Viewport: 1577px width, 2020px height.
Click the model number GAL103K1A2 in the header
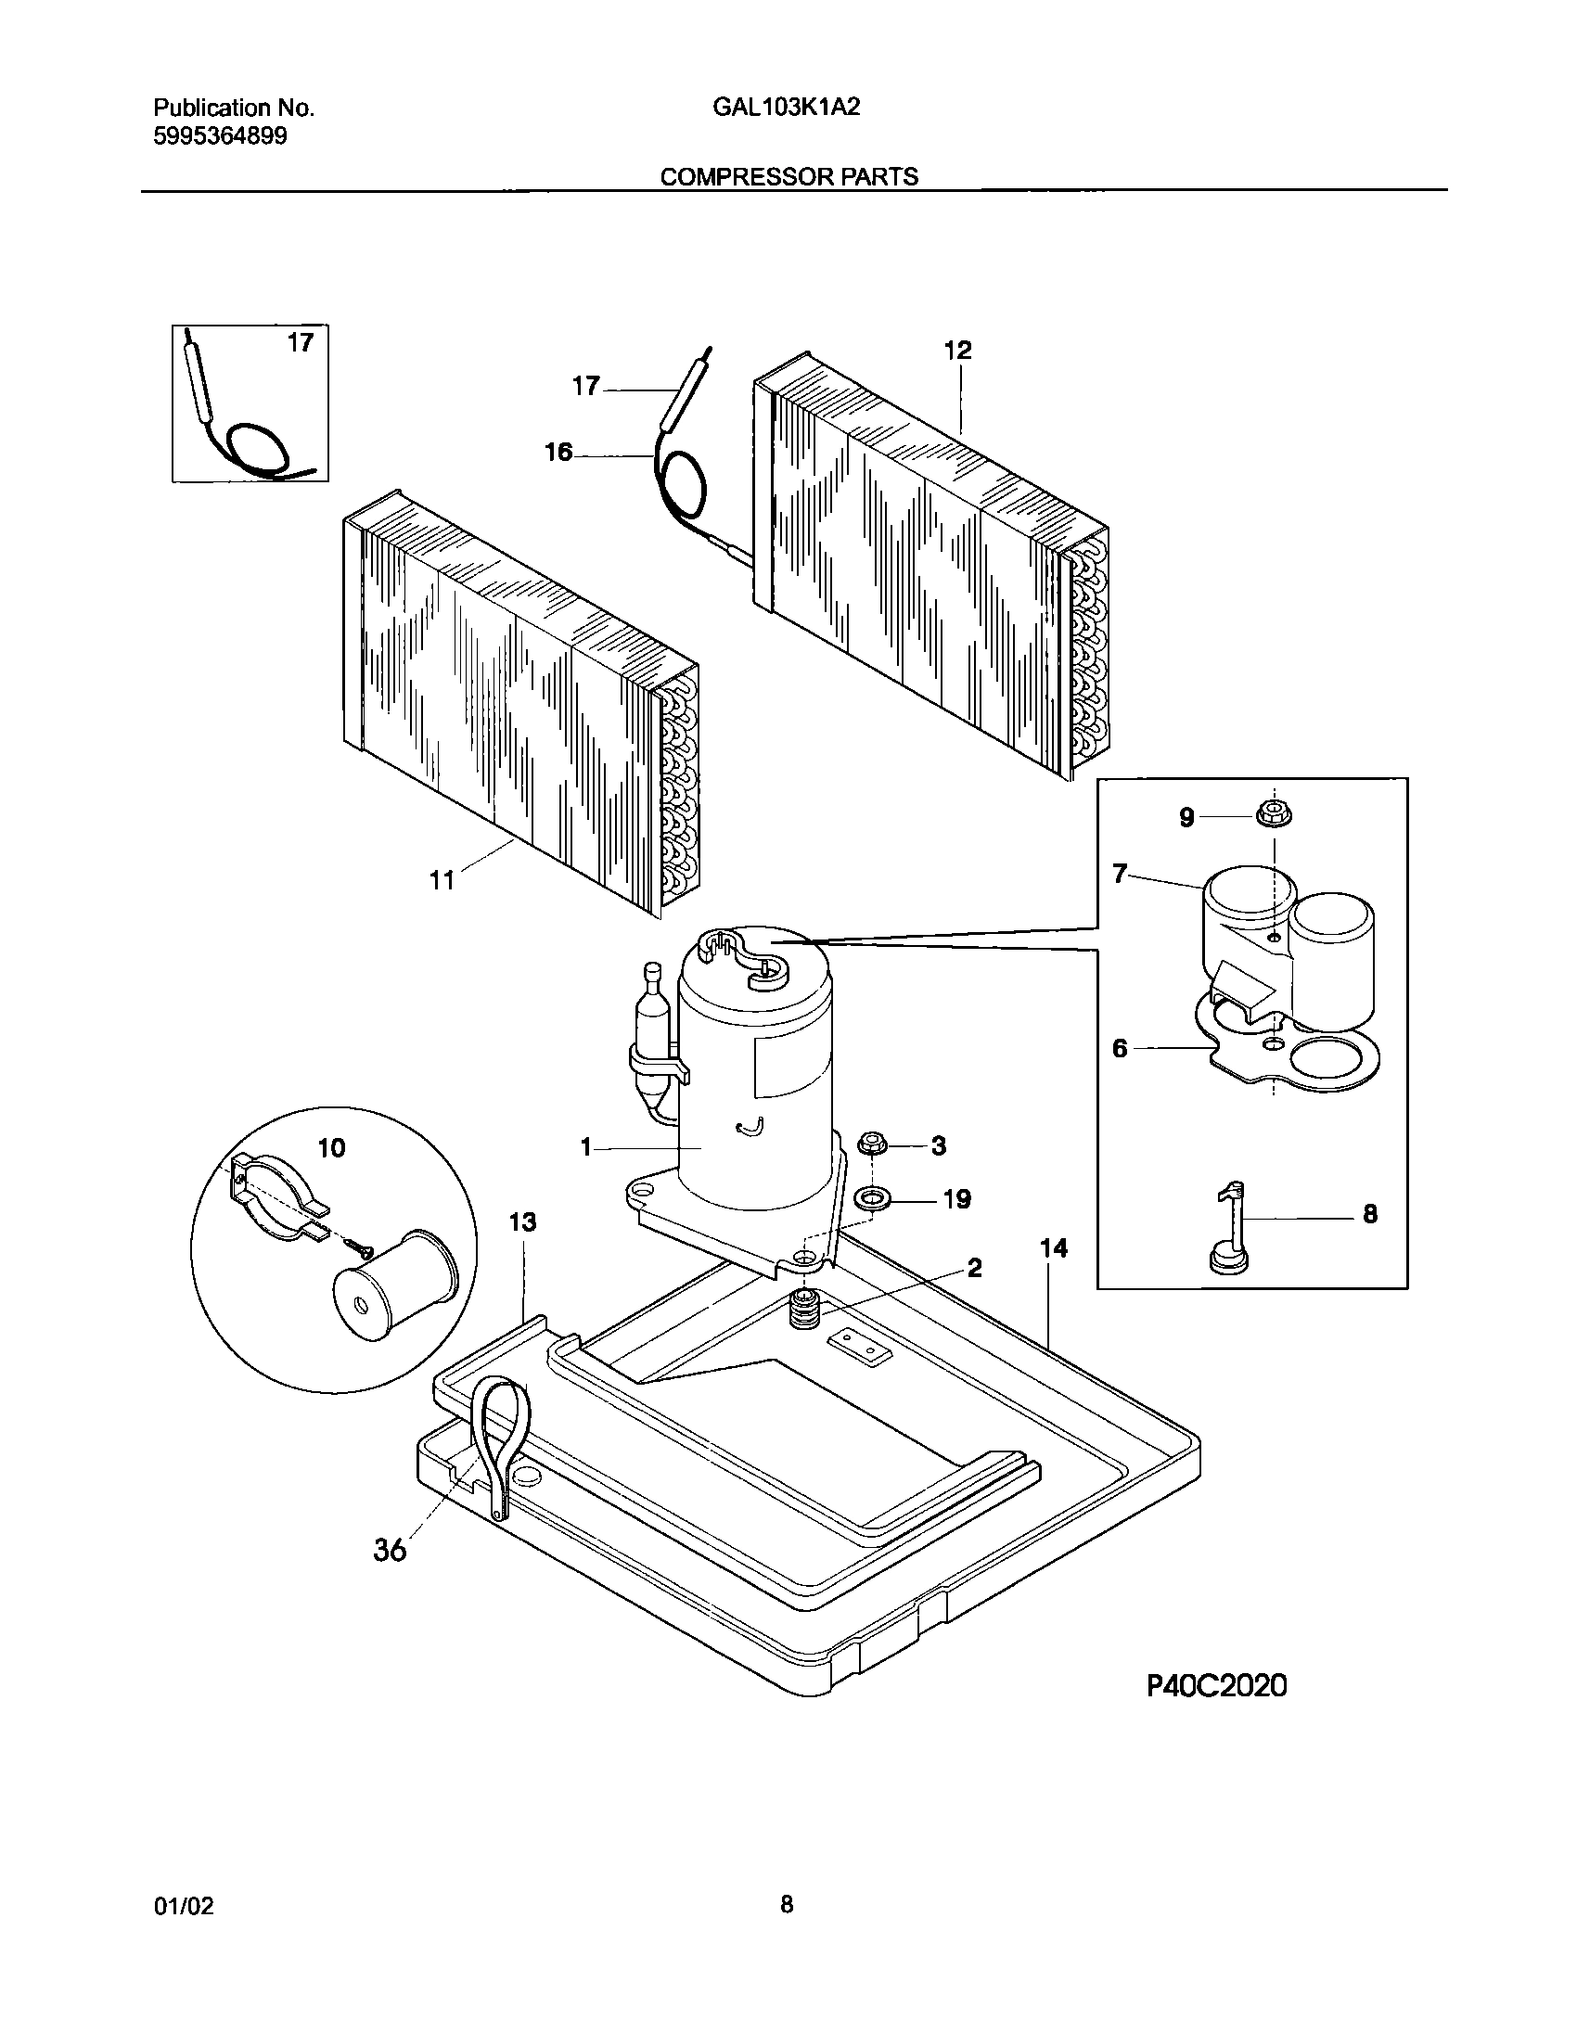pyautogui.click(x=786, y=108)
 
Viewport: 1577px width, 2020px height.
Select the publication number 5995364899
pyautogui.click(x=220, y=137)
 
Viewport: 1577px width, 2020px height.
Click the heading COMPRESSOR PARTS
pyautogui.click(x=788, y=177)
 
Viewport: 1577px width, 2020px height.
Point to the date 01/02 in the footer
pyautogui.click(x=183, y=1906)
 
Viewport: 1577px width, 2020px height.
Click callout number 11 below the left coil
pyautogui.click(x=442, y=879)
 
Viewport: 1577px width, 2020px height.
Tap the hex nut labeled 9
pyautogui.click(x=1274, y=816)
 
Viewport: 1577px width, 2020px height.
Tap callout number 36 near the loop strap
pyautogui.click(x=390, y=1549)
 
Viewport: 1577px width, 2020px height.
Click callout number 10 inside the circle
pyautogui.click(x=331, y=1147)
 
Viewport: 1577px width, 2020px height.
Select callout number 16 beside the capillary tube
pyautogui.click(x=558, y=453)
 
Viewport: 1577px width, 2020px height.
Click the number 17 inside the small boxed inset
pyautogui.click(x=300, y=343)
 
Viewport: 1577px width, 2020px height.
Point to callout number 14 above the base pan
pyautogui.click(x=1054, y=1248)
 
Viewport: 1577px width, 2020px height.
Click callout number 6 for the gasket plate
pyautogui.click(x=1120, y=1048)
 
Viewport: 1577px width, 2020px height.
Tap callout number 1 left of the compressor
pyautogui.click(x=585, y=1148)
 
